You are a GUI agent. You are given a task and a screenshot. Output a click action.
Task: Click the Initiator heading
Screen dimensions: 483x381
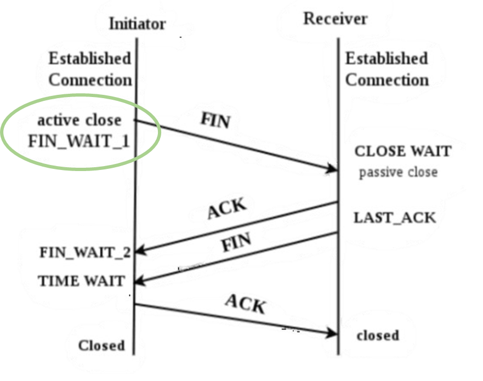point(138,24)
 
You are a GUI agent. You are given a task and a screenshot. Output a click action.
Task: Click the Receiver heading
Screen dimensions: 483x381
point(336,19)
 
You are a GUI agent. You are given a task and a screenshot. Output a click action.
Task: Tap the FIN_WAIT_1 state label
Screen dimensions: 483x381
point(78,141)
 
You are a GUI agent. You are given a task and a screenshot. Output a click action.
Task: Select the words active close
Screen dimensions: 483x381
point(79,120)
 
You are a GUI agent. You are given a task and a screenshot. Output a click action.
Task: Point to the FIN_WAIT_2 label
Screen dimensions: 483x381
point(85,253)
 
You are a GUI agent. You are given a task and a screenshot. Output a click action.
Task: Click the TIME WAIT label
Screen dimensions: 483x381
point(81,281)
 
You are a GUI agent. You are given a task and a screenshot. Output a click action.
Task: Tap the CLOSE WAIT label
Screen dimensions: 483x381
point(403,151)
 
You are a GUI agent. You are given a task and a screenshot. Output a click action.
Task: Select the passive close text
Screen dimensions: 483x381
point(398,172)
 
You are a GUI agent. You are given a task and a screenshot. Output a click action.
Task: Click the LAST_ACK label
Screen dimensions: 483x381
point(395,218)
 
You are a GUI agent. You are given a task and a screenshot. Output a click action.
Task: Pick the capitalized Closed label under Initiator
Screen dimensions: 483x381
point(101,345)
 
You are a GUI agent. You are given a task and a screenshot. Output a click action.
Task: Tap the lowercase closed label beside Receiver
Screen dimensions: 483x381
point(378,335)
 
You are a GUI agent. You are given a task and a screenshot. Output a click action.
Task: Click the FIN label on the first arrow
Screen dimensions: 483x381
point(215,120)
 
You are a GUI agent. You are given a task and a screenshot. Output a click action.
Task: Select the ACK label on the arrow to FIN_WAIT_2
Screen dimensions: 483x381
point(227,208)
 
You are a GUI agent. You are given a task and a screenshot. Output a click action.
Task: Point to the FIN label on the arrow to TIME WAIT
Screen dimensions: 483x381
point(236,242)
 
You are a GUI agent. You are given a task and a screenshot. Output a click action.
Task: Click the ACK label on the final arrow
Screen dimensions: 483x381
point(245,304)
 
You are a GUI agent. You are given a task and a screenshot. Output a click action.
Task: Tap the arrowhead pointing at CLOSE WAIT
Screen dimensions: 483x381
point(333,169)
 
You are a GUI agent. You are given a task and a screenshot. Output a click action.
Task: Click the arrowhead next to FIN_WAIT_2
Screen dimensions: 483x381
point(140,251)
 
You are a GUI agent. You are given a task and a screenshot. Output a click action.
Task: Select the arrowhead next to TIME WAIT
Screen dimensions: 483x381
point(140,281)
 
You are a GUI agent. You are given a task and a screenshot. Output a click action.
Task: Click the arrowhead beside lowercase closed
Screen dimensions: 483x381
point(333,333)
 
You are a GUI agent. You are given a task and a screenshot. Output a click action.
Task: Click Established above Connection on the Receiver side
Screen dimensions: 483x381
point(387,58)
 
